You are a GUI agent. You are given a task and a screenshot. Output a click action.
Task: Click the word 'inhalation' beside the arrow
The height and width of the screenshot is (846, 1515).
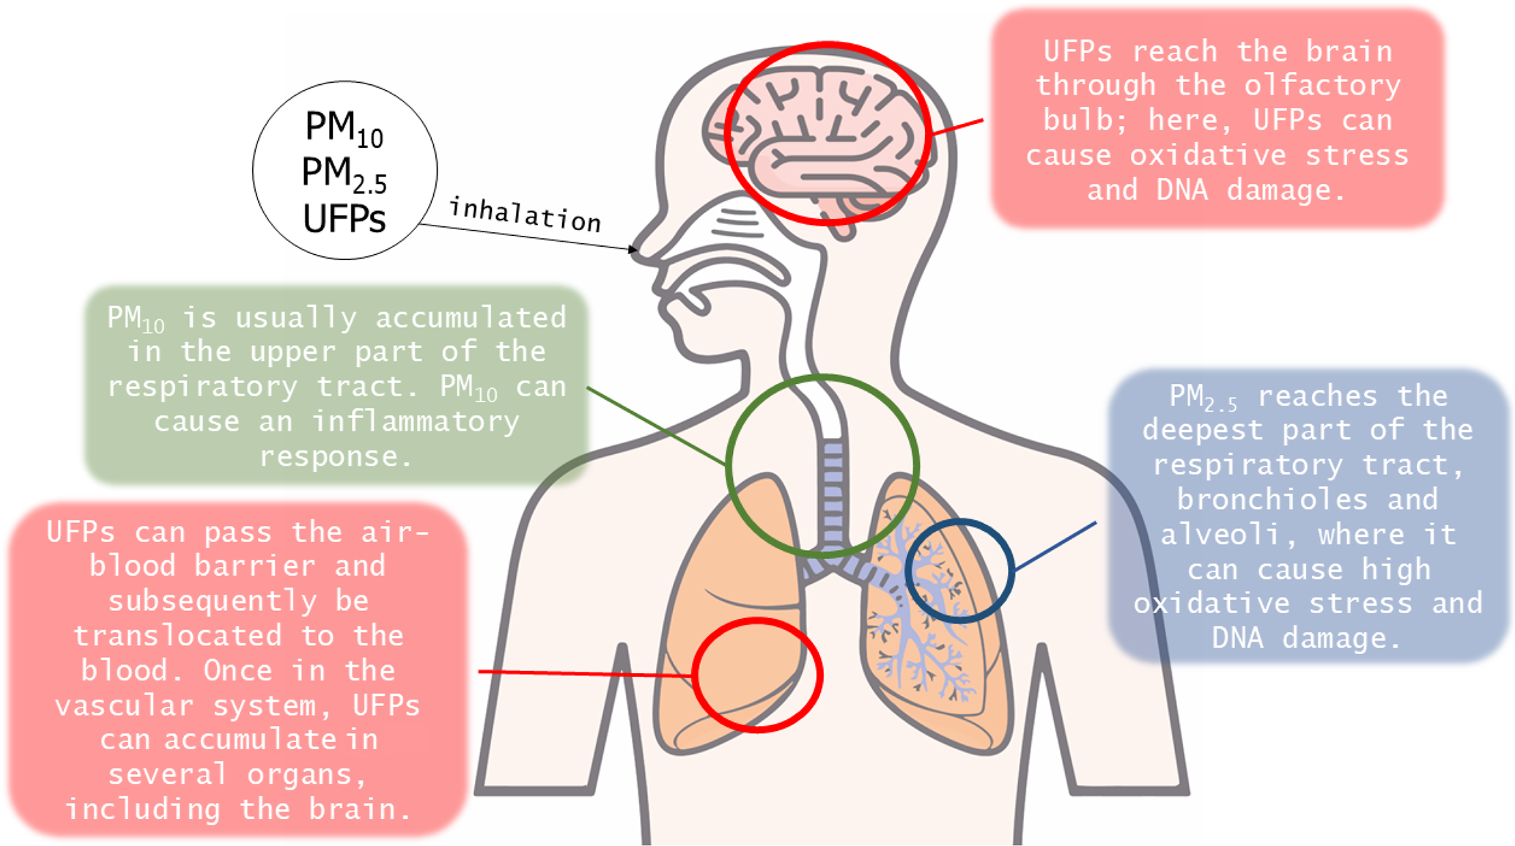point(525,215)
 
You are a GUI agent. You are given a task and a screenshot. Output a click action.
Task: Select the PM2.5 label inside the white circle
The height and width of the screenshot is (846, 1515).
point(344,174)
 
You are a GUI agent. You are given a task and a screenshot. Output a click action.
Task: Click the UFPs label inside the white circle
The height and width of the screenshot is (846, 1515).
point(344,219)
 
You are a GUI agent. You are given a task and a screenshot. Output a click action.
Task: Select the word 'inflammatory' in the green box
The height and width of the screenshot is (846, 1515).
point(416,422)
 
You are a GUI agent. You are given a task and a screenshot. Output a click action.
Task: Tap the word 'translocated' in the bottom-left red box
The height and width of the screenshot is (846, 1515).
point(177,636)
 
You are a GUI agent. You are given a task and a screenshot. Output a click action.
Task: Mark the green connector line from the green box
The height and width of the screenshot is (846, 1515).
point(656,426)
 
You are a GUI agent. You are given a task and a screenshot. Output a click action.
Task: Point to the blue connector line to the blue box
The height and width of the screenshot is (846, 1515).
point(1055,546)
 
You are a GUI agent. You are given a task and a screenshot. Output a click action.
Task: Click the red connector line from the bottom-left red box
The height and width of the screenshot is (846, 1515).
point(586,672)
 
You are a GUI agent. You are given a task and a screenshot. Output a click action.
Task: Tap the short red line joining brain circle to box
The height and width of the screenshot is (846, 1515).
point(957,127)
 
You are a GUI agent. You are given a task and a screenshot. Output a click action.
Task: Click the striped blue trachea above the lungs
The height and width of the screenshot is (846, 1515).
point(833,491)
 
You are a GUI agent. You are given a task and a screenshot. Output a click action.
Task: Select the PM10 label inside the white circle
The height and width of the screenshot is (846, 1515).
point(344,129)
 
